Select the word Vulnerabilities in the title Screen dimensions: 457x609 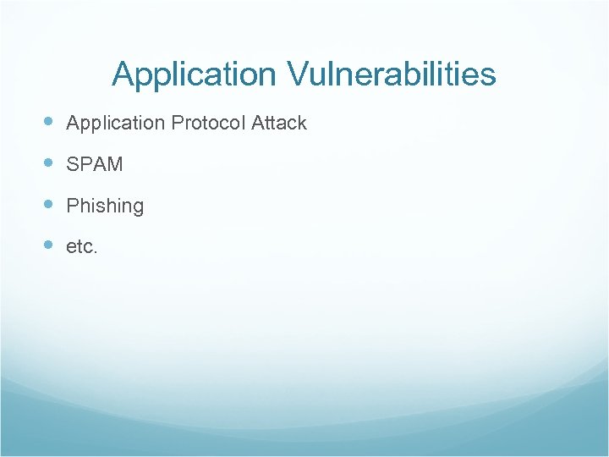pos(392,74)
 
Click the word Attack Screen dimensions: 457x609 pos(279,123)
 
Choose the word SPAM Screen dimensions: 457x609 pos(95,164)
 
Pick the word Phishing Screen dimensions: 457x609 pos(105,206)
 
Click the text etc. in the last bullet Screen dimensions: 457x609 pos(82,247)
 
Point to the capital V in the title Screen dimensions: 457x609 pos(298,74)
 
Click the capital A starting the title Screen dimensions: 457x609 pos(123,74)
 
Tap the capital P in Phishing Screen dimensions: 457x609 pos(73,206)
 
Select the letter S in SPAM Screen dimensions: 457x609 pos(73,164)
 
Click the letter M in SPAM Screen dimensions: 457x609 pos(114,164)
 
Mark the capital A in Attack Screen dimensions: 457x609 pos(258,123)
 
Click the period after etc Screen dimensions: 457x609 pos(96,251)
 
